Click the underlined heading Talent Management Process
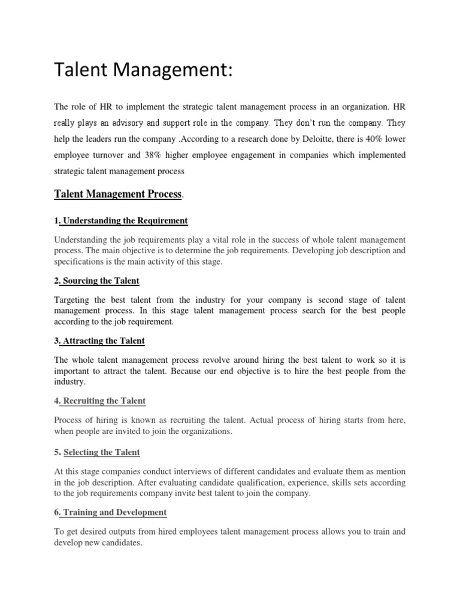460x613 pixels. tap(118, 194)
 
